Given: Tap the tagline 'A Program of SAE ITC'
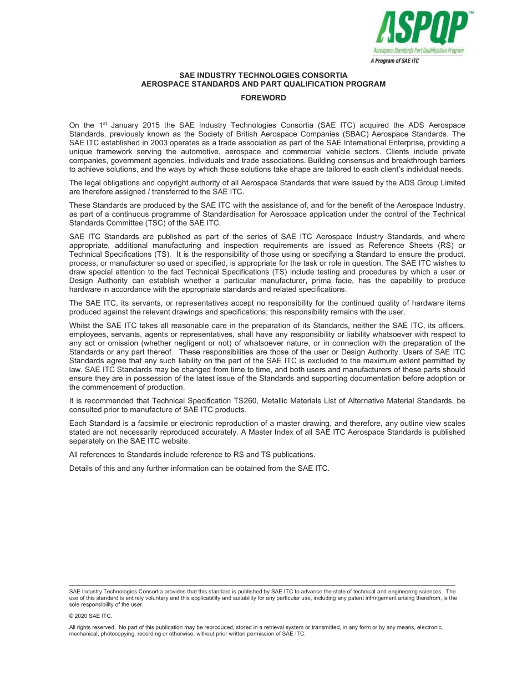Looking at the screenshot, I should [x=394, y=61].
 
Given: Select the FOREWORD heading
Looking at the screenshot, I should [x=263, y=98].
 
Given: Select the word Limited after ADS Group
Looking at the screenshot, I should [x=452, y=183].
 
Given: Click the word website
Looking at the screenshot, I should [x=175, y=441].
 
